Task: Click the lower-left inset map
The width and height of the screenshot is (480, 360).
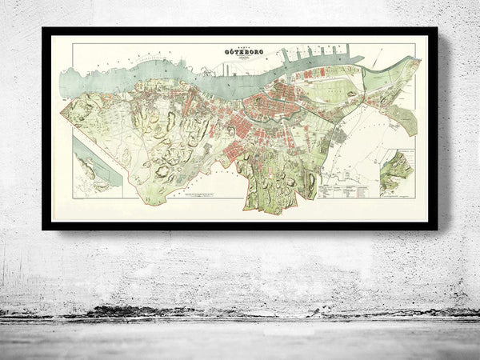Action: (97, 164)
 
